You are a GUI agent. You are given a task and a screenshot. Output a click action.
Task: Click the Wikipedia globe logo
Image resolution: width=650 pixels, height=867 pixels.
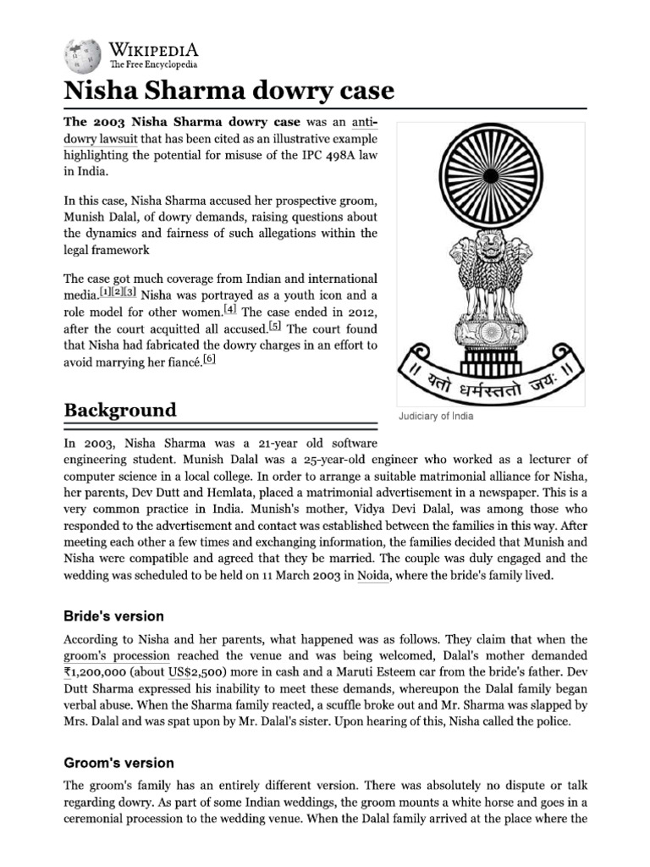(x=80, y=53)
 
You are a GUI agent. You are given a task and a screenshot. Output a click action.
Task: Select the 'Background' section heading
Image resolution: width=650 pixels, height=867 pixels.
(x=120, y=410)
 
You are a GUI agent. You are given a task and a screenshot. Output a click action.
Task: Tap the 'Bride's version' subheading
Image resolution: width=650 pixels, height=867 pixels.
(x=114, y=616)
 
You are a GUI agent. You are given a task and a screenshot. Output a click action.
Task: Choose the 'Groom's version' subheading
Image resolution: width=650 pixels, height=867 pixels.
(x=119, y=763)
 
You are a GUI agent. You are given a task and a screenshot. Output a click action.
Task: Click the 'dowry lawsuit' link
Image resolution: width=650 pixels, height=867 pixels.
(x=95, y=139)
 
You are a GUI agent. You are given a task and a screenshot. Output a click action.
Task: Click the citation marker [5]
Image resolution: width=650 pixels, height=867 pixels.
(x=276, y=327)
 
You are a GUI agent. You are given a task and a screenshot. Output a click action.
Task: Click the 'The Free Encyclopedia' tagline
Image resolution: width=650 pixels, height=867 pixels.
(x=152, y=64)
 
